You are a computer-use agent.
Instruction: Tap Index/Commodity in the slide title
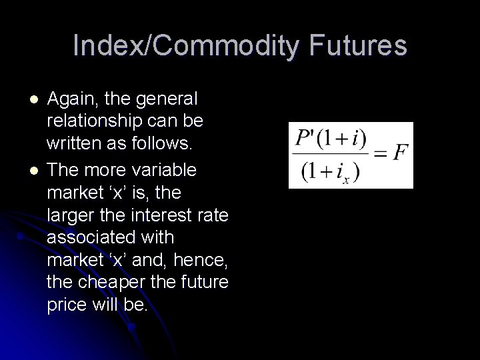coord(177,46)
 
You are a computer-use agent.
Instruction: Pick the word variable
coord(164,170)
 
